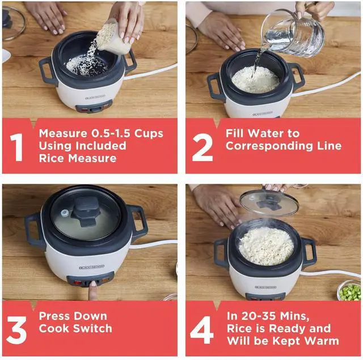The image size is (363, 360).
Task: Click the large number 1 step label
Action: pos(16,147)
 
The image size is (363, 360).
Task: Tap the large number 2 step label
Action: pos(202,147)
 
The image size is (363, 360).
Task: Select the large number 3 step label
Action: pos(16,330)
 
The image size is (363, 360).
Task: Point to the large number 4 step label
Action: pos(201,330)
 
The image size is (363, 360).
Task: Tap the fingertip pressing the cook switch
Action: pos(93,285)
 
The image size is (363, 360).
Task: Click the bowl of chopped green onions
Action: pos(350,291)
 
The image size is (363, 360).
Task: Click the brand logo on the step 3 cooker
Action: pos(92,267)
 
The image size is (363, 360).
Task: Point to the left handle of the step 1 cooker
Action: pos(48,71)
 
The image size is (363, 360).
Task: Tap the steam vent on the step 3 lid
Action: pos(65,213)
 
